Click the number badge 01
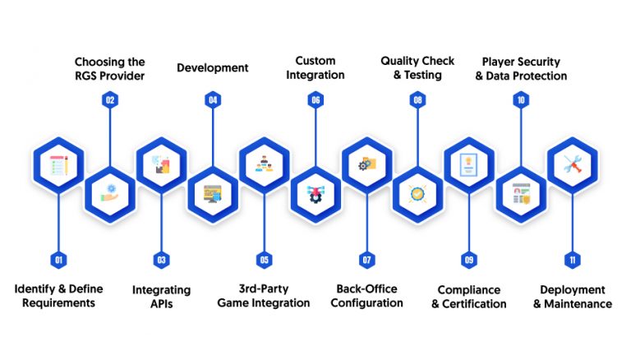point(59,260)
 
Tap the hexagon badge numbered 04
point(213,100)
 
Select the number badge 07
point(367,260)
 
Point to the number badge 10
point(521,100)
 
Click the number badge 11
point(572,260)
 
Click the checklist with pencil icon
point(59,165)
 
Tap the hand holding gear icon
point(110,194)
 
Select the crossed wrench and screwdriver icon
point(572,164)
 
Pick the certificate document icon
point(468,164)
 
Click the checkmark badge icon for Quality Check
point(417,194)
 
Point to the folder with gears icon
point(367,164)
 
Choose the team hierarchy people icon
point(264,164)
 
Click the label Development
point(213,67)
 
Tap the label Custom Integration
point(315,67)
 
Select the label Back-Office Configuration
point(366,296)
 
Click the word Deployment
point(572,289)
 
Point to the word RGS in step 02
point(85,76)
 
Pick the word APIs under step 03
point(161,303)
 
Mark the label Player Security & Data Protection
point(521,68)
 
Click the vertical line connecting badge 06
point(315,138)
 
